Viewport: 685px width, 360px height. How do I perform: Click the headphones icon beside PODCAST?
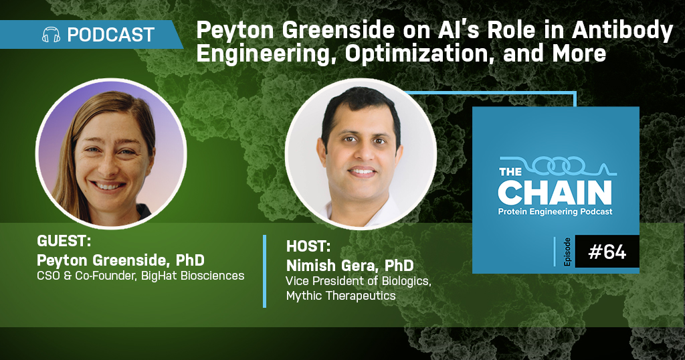(51, 35)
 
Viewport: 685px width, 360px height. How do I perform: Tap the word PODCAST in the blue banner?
(111, 35)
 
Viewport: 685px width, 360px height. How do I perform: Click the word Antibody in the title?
(623, 31)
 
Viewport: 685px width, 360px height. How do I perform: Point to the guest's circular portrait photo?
(111, 154)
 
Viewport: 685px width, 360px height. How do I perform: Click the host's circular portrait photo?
(361, 154)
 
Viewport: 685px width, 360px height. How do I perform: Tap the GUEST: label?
(64, 241)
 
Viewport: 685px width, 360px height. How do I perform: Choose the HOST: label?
(308, 246)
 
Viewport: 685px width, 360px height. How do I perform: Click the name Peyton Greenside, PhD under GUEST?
(120, 260)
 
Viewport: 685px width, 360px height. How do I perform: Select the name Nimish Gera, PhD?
(350, 265)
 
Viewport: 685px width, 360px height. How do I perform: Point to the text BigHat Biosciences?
(193, 276)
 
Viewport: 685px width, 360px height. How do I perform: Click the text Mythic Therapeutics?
(340, 295)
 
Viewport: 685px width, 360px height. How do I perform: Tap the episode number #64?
(607, 252)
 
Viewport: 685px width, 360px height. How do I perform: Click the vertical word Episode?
(567, 252)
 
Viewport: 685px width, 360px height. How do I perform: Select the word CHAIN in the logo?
(555, 193)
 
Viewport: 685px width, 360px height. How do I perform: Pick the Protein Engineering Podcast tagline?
(555, 212)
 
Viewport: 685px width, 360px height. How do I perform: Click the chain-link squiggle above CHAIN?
(558, 165)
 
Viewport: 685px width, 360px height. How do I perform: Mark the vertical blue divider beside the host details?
(265, 271)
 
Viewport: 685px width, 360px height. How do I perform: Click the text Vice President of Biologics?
(359, 281)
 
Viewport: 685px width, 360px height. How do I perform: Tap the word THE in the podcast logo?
(510, 171)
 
